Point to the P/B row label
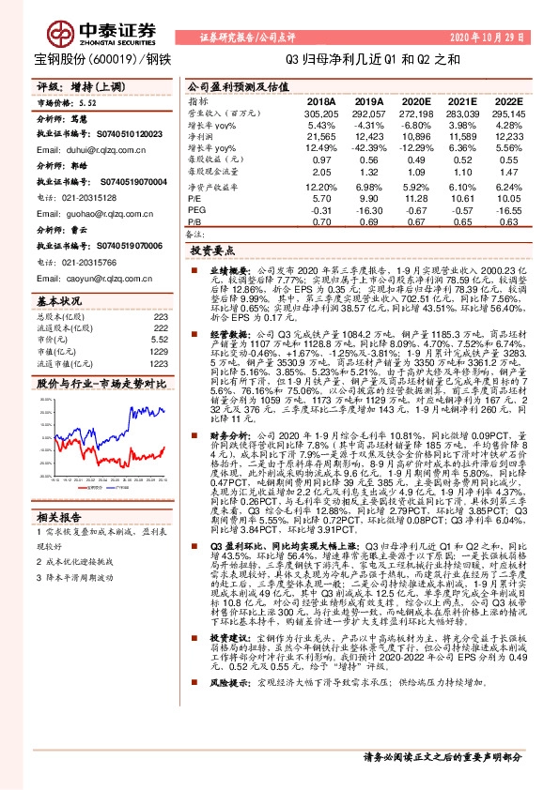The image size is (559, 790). tap(194, 221)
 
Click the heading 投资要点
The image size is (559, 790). tap(211, 251)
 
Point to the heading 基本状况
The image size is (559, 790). tap(59, 301)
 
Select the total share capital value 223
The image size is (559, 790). tap(160, 317)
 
